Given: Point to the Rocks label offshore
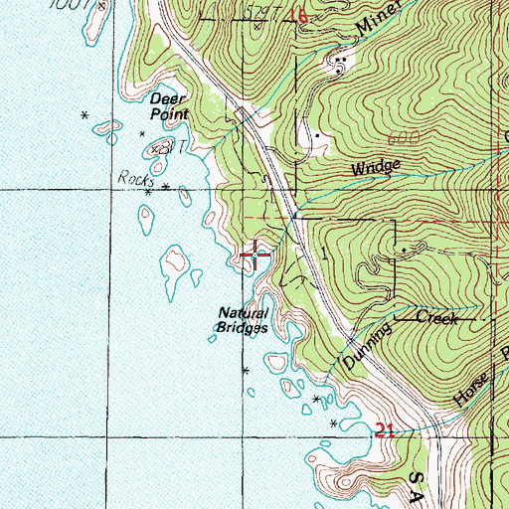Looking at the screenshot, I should pos(132,178).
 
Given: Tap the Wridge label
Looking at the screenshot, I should pos(375,168).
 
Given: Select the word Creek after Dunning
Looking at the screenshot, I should pos(435,318).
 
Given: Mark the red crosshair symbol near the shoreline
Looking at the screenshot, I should pos(255,255).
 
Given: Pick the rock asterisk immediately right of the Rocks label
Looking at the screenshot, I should pos(165,186).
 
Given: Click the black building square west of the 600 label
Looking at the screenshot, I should pos(317,134).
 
